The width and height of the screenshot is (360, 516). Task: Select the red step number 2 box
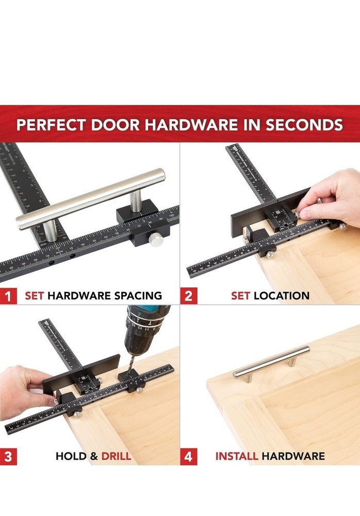[189, 296]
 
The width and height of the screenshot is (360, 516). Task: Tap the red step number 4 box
[189, 457]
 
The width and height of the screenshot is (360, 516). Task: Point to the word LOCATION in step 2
[282, 296]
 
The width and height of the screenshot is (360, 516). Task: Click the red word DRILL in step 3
[116, 457]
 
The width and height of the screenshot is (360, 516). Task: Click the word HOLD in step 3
[71, 457]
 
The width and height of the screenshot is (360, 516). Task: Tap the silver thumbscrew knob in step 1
[155, 238]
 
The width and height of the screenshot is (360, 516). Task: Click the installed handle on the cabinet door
[272, 362]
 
